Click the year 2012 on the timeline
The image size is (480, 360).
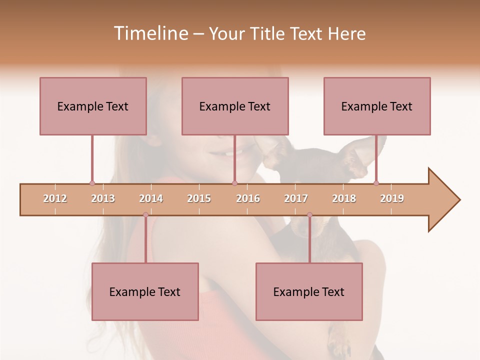tap(55, 198)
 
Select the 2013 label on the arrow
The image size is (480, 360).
tap(103, 198)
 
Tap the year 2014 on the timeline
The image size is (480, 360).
tap(151, 198)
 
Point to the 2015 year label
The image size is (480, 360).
tap(199, 198)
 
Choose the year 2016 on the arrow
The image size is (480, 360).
tap(248, 198)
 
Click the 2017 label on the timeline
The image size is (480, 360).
tap(296, 198)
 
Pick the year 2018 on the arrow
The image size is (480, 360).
tap(344, 198)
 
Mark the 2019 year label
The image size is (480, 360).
tap(392, 198)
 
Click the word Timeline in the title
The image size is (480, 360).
tap(150, 33)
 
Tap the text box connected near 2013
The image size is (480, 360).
tap(93, 106)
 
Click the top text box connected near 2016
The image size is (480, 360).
tap(235, 106)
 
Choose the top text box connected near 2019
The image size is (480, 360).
tap(377, 106)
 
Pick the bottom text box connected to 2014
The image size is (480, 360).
tap(145, 291)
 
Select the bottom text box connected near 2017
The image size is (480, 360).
tap(309, 291)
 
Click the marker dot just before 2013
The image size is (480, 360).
tap(92, 183)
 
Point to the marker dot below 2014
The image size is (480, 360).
tap(145, 215)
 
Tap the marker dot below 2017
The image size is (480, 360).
tap(309, 215)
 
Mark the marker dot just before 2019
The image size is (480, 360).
tap(376, 183)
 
